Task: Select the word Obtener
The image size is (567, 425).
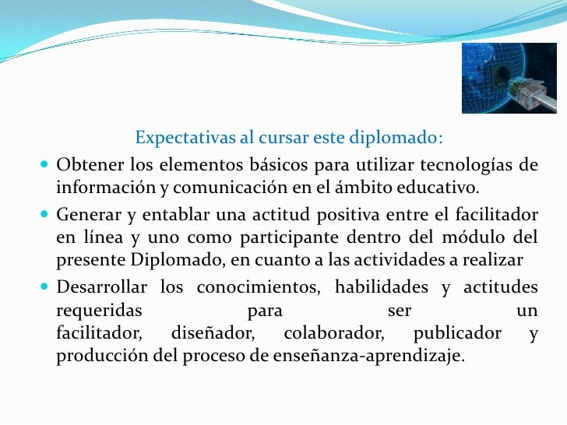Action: click(90, 166)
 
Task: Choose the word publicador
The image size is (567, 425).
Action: click(457, 334)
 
